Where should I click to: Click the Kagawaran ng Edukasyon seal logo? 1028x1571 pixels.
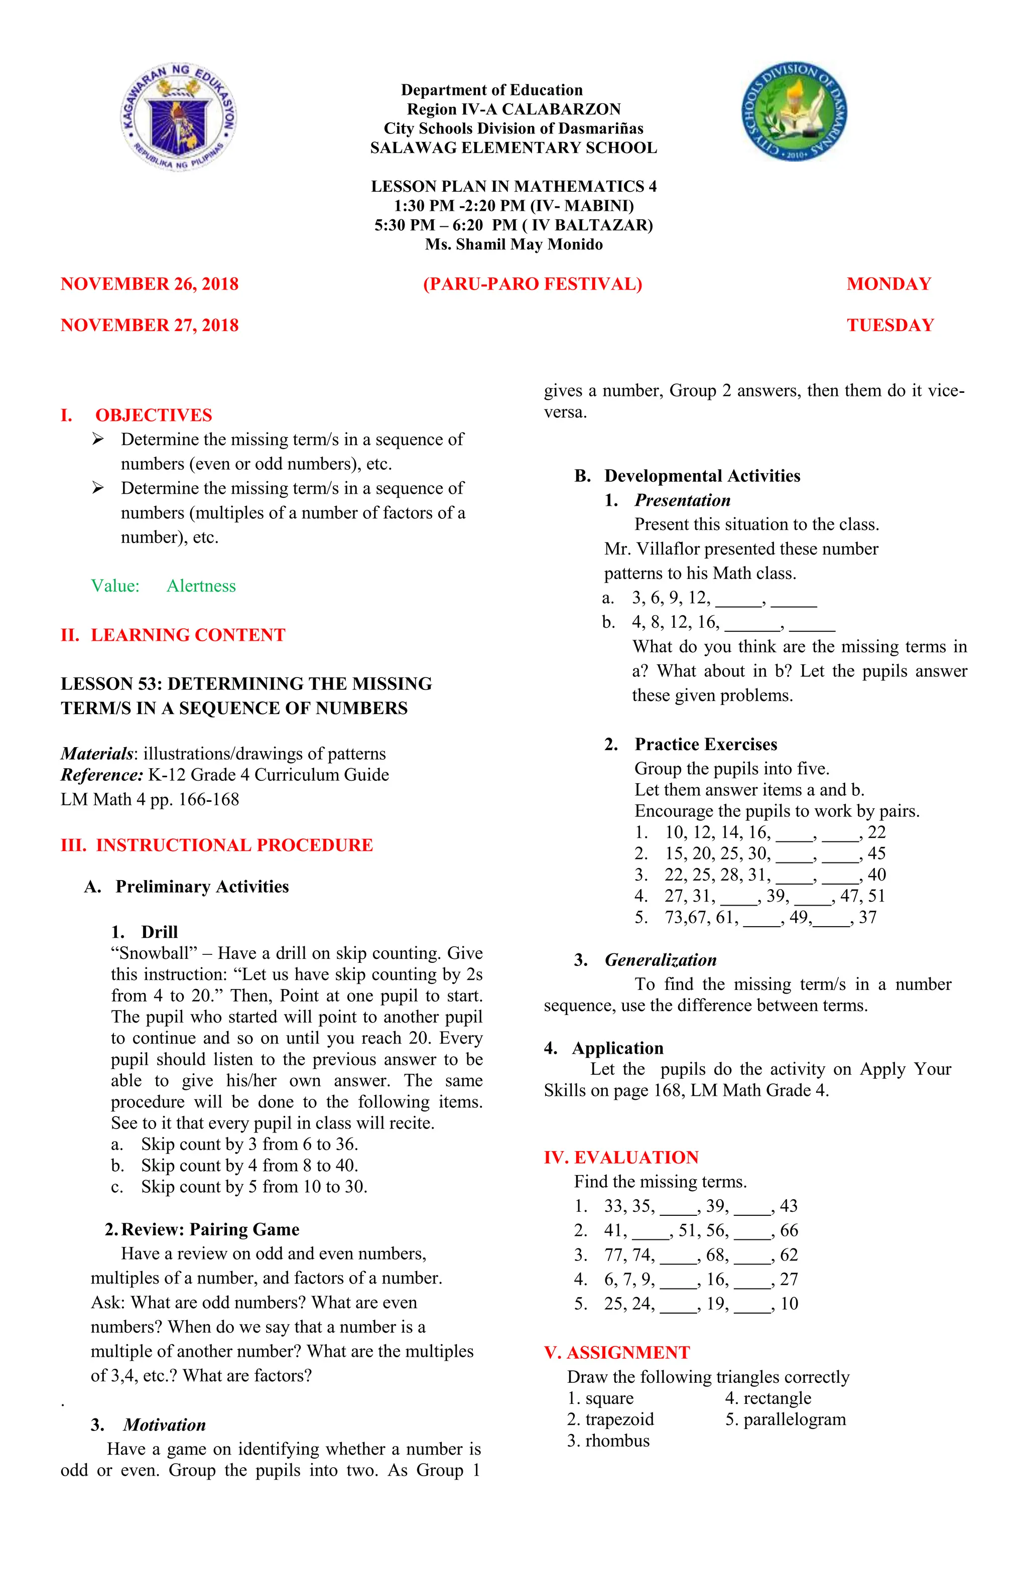click(178, 117)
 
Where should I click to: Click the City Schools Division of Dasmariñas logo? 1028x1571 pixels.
click(794, 113)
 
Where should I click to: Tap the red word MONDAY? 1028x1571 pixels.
click(888, 284)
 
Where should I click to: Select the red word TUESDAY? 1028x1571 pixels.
click(889, 326)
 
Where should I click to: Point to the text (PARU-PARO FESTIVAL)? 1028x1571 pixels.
click(532, 284)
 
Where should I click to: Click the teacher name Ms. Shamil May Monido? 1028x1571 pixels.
click(513, 244)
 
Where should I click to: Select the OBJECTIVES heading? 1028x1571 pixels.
click(153, 415)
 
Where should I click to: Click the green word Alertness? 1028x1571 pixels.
click(201, 586)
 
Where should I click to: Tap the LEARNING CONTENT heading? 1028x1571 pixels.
click(188, 635)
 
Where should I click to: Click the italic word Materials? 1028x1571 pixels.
click(96, 754)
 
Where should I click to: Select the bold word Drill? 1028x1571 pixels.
click(159, 932)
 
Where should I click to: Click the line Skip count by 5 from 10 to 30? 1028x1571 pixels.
click(253, 1187)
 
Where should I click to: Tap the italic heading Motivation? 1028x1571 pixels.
click(165, 1424)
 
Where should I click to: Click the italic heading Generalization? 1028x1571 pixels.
click(660, 960)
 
